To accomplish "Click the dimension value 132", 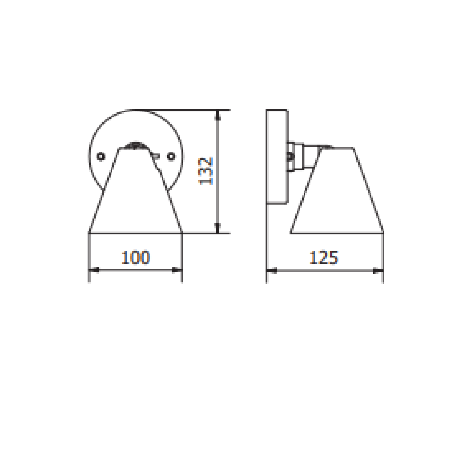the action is [x=205, y=171].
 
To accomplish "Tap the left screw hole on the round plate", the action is [x=101, y=156].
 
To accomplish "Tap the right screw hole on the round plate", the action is [x=171, y=156].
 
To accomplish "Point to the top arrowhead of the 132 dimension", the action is [x=218, y=115].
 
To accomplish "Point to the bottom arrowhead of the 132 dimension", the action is [x=218, y=228].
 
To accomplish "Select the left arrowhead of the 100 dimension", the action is [x=94, y=270].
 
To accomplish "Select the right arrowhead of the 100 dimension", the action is [x=177, y=270].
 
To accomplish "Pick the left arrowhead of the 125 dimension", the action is [x=272, y=271].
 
